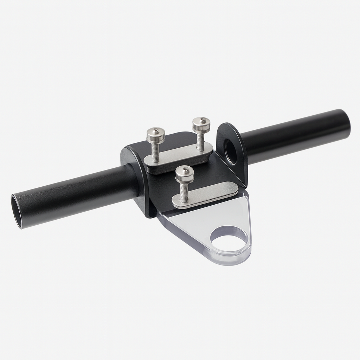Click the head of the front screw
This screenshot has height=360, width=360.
pos(185,173)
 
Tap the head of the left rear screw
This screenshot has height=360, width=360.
pos(155,135)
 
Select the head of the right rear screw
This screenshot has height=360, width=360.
pos(201,124)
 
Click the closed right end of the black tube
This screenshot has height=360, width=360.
pos(346,121)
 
